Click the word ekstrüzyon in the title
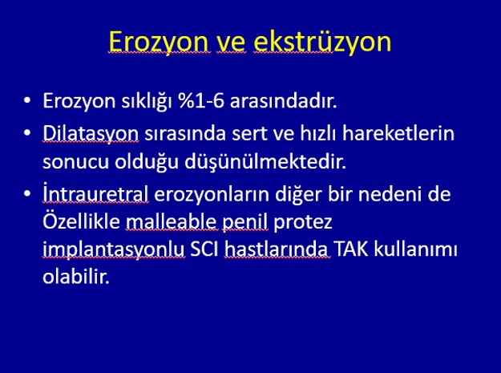[x=322, y=42]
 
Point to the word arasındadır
[x=283, y=101]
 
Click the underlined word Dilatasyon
[x=91, y=134]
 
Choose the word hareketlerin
[x=398, y=133]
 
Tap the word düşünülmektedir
[x=265, y=162]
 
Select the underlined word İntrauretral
[x=95, y=193]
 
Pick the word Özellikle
[x=82, y=221]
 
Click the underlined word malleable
[x=172, y=221]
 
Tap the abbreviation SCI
[x=204, y=249]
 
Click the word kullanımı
[x=416, y=249]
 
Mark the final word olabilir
[x=76, y=277]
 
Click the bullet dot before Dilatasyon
[x=27, y=132]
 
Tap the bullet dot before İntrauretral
[x=27, y=193]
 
